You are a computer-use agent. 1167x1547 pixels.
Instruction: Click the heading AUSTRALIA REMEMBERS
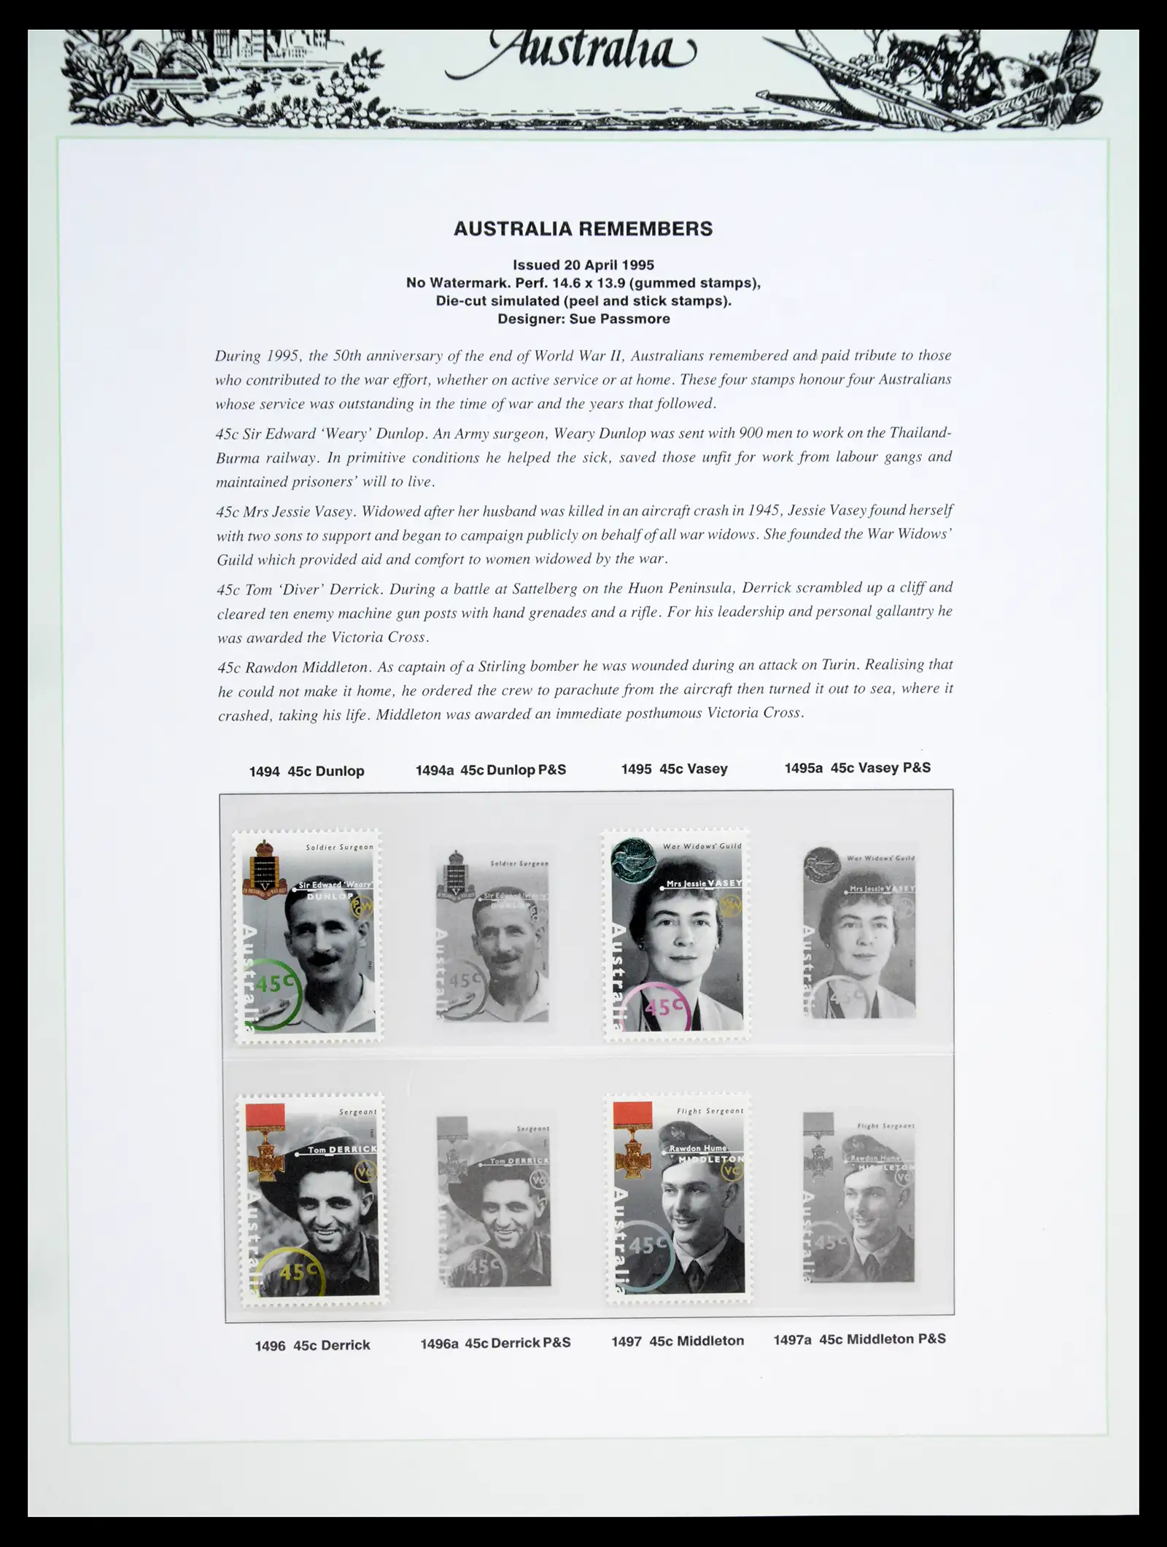(x=583, y=229)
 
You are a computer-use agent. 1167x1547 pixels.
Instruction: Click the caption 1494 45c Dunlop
(x=306, y=771)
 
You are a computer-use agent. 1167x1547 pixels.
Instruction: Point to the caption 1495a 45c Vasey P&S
(x=857, y=767)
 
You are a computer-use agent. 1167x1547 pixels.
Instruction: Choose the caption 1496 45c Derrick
(x=312, y=1346)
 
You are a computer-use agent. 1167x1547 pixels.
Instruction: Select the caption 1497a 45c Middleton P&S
(x=859, y=1339)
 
